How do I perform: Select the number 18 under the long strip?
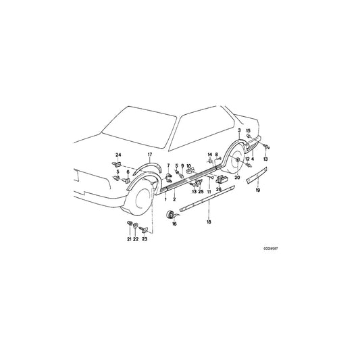point(209,222)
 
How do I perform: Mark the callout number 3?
point(238,129)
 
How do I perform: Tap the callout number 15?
point(249,130)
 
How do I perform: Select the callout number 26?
point(219,189)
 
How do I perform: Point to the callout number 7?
point(168,165)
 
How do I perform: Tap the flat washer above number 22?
point(136,226)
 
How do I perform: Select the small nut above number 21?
point(128,224)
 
